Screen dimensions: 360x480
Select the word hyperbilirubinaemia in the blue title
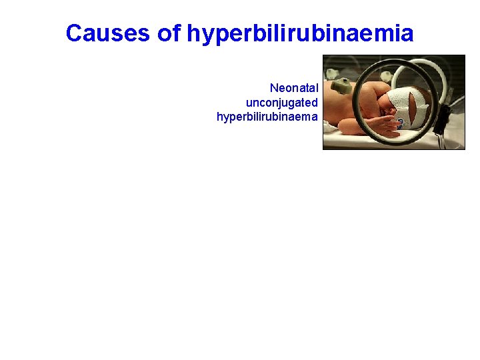click(x=300, y=33)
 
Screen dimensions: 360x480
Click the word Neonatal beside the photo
click(x=293, y=88)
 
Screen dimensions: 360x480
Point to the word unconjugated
click(x=281, y=103)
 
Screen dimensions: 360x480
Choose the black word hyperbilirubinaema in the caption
click(x=267, y=117)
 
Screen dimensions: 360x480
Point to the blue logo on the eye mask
click(x=400, y=123)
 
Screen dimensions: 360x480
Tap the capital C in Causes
click(x=73, y=33)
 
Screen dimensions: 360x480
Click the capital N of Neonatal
click(x=273, y=88)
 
